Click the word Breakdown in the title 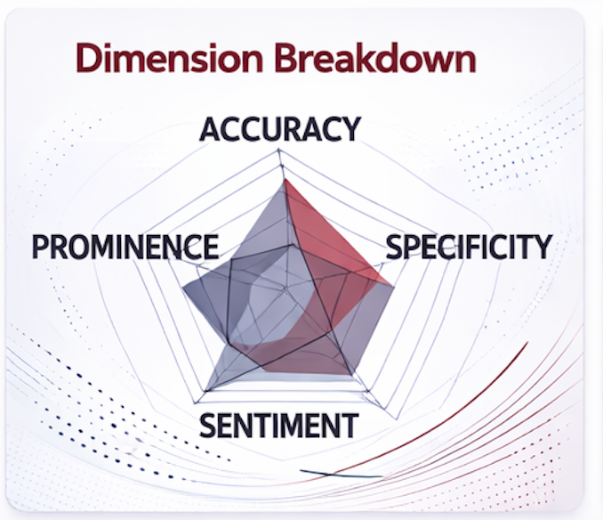[375, 58]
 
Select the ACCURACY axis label [280, 129]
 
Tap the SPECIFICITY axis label [470, 247]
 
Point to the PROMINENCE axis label [125, 247]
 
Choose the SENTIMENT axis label [279, 426]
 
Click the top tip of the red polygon [285, 180]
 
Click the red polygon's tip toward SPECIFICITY [393, 286]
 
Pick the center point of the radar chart [285, 288]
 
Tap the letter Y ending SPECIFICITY [543, 247]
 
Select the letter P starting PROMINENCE [41, 247]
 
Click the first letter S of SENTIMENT [208, 426]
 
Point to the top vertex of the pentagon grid [278, 150]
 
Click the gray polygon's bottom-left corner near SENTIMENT [206, 391]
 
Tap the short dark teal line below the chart [342, 475]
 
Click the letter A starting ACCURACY [210, 129]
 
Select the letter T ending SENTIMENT [350, 426]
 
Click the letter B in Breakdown [285, 58]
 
